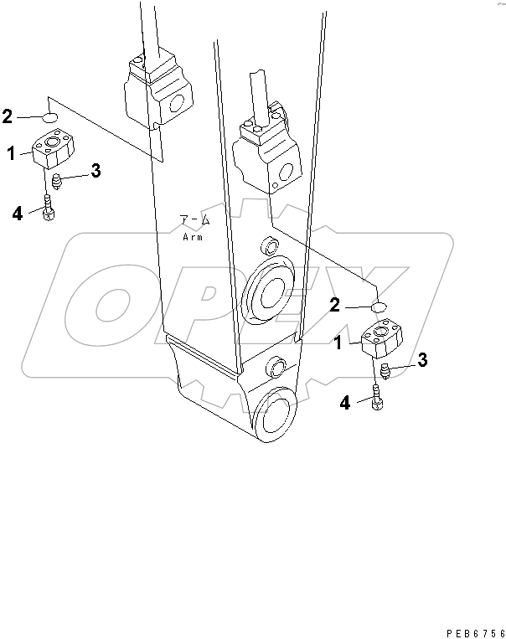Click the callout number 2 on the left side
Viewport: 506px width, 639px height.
tap(7, 116)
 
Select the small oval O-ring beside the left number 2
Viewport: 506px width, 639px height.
tap(50, 117)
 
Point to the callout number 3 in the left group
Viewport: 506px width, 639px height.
tap(96, 172)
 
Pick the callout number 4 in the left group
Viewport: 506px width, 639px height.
tap(17, 214)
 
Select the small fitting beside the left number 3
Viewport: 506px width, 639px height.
tap(57, 180)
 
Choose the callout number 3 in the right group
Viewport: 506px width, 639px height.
tap(423, 360)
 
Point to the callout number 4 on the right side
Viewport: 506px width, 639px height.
tap(344, 404)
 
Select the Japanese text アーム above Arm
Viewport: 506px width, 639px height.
tap(196, 221)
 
